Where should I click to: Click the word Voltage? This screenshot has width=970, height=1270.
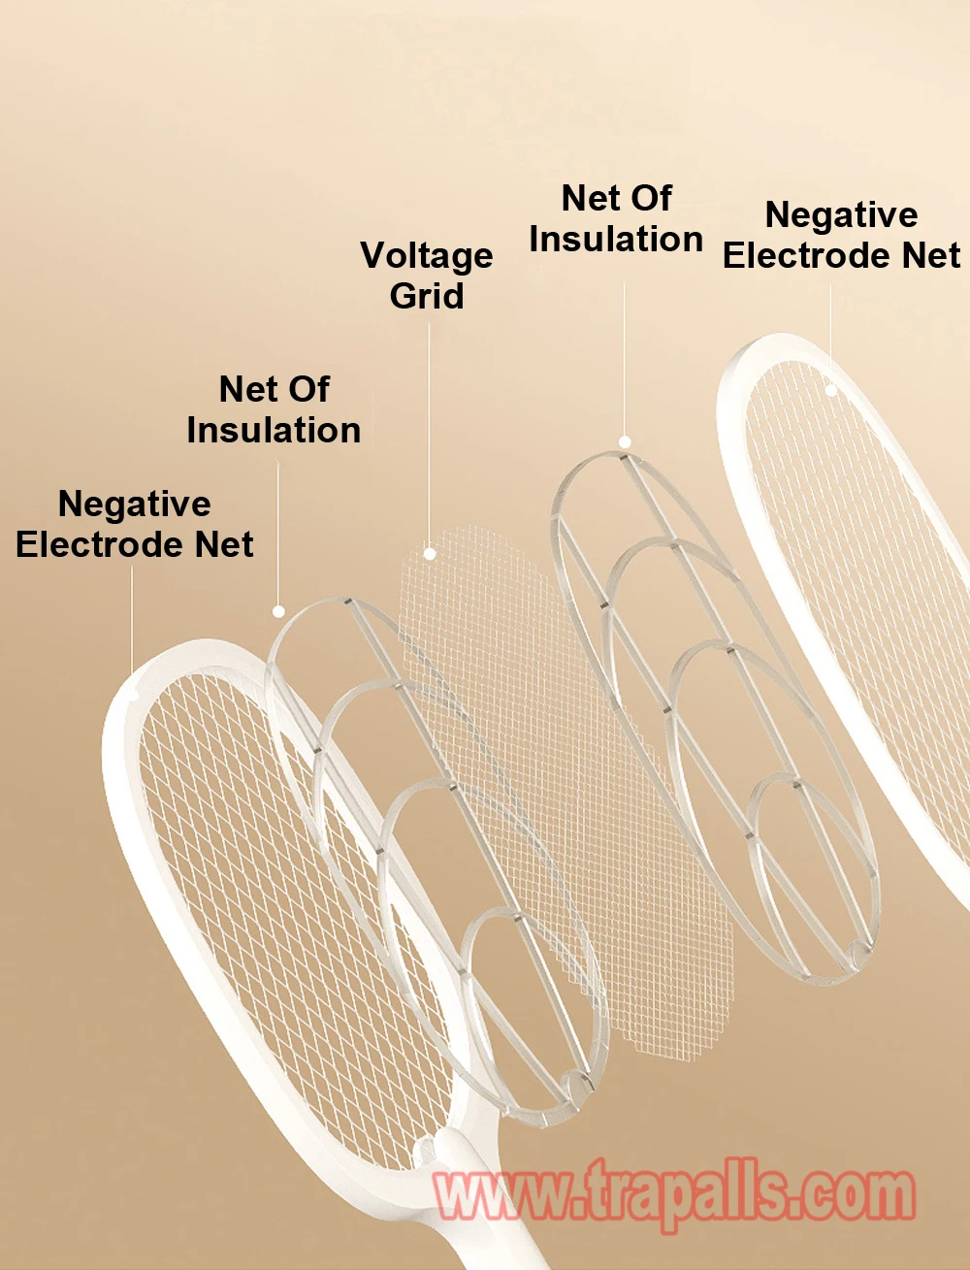coord(426,256)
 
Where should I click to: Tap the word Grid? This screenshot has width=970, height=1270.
coord(426,296)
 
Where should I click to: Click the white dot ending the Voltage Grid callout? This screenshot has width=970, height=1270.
coord(429,554)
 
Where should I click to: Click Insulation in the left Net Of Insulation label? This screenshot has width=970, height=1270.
coord(274,430)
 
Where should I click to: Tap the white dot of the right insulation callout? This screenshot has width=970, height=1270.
coord(625,442)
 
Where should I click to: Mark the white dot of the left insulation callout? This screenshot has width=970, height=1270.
coord(278,611)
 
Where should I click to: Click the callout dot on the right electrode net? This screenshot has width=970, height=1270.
coord(831,391)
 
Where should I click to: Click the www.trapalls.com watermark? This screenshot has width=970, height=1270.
coord(674,1194)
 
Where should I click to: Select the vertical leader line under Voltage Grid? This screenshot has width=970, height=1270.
coord(429,435)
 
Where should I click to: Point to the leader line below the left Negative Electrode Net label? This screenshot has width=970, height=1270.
coord(131,619)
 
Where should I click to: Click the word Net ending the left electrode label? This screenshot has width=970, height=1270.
coord(224,544)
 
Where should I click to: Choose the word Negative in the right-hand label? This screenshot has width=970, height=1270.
coord(841,215)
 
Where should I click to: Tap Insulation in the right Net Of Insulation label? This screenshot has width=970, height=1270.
coord(616,239)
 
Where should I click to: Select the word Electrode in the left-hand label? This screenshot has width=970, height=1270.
coord(101,544)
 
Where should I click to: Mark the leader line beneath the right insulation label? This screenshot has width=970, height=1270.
coord(624,359)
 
